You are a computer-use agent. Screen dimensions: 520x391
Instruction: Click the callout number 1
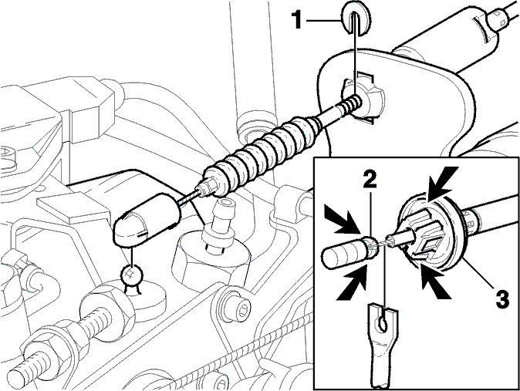pyautogui.click(x=297, y=20)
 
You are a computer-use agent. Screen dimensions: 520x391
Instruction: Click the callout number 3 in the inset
pyautogui.click(x=501, y=298)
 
